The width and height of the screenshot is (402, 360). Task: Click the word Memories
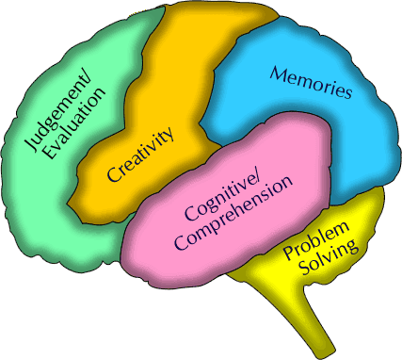[311, 82]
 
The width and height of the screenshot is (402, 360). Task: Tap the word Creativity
[140, 155]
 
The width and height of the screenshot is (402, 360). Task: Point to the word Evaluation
[74, 123]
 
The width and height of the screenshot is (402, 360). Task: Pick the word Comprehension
[234, 215]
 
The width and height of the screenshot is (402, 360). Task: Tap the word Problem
[315, 241]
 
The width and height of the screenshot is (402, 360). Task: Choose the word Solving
[329, 258]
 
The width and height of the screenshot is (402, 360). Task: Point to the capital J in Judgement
[32, 145]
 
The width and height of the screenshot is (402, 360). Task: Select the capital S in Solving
[305, 270]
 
